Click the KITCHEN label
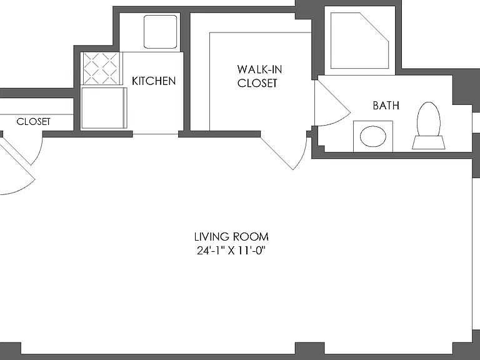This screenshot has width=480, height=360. [x=154, y=81]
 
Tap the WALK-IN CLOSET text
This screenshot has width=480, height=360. [x=259, y=76]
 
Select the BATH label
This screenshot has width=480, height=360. [x=386, y=105]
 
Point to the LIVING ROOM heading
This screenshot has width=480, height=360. [x=231, y=237]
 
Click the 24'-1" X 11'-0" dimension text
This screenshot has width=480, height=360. [x=231, y=251]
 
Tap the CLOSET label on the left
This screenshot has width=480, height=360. [x=33, y=121]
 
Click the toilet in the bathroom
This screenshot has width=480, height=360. [x=429, y=126]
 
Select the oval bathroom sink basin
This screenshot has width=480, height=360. [x=373, y=136]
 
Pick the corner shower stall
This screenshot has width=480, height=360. [x=360, y=41]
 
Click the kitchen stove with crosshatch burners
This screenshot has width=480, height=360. [x=101, y=68]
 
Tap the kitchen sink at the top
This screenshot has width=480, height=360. [x=161, y=32]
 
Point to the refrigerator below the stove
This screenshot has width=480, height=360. [x=104, y=108]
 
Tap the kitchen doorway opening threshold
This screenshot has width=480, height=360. [x=156, y=134]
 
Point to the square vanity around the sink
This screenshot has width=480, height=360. [x=373, y=136]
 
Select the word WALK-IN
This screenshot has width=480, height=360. [x=259, y=69]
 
